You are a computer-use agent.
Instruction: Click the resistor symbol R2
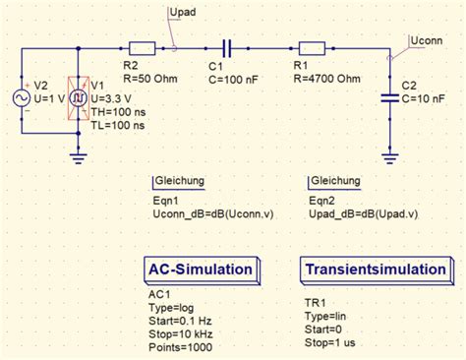141,46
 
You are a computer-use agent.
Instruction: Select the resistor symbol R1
312,46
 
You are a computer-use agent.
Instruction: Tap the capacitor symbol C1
227,46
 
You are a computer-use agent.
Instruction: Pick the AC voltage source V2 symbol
20,98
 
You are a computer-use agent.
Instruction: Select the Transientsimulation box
378,270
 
